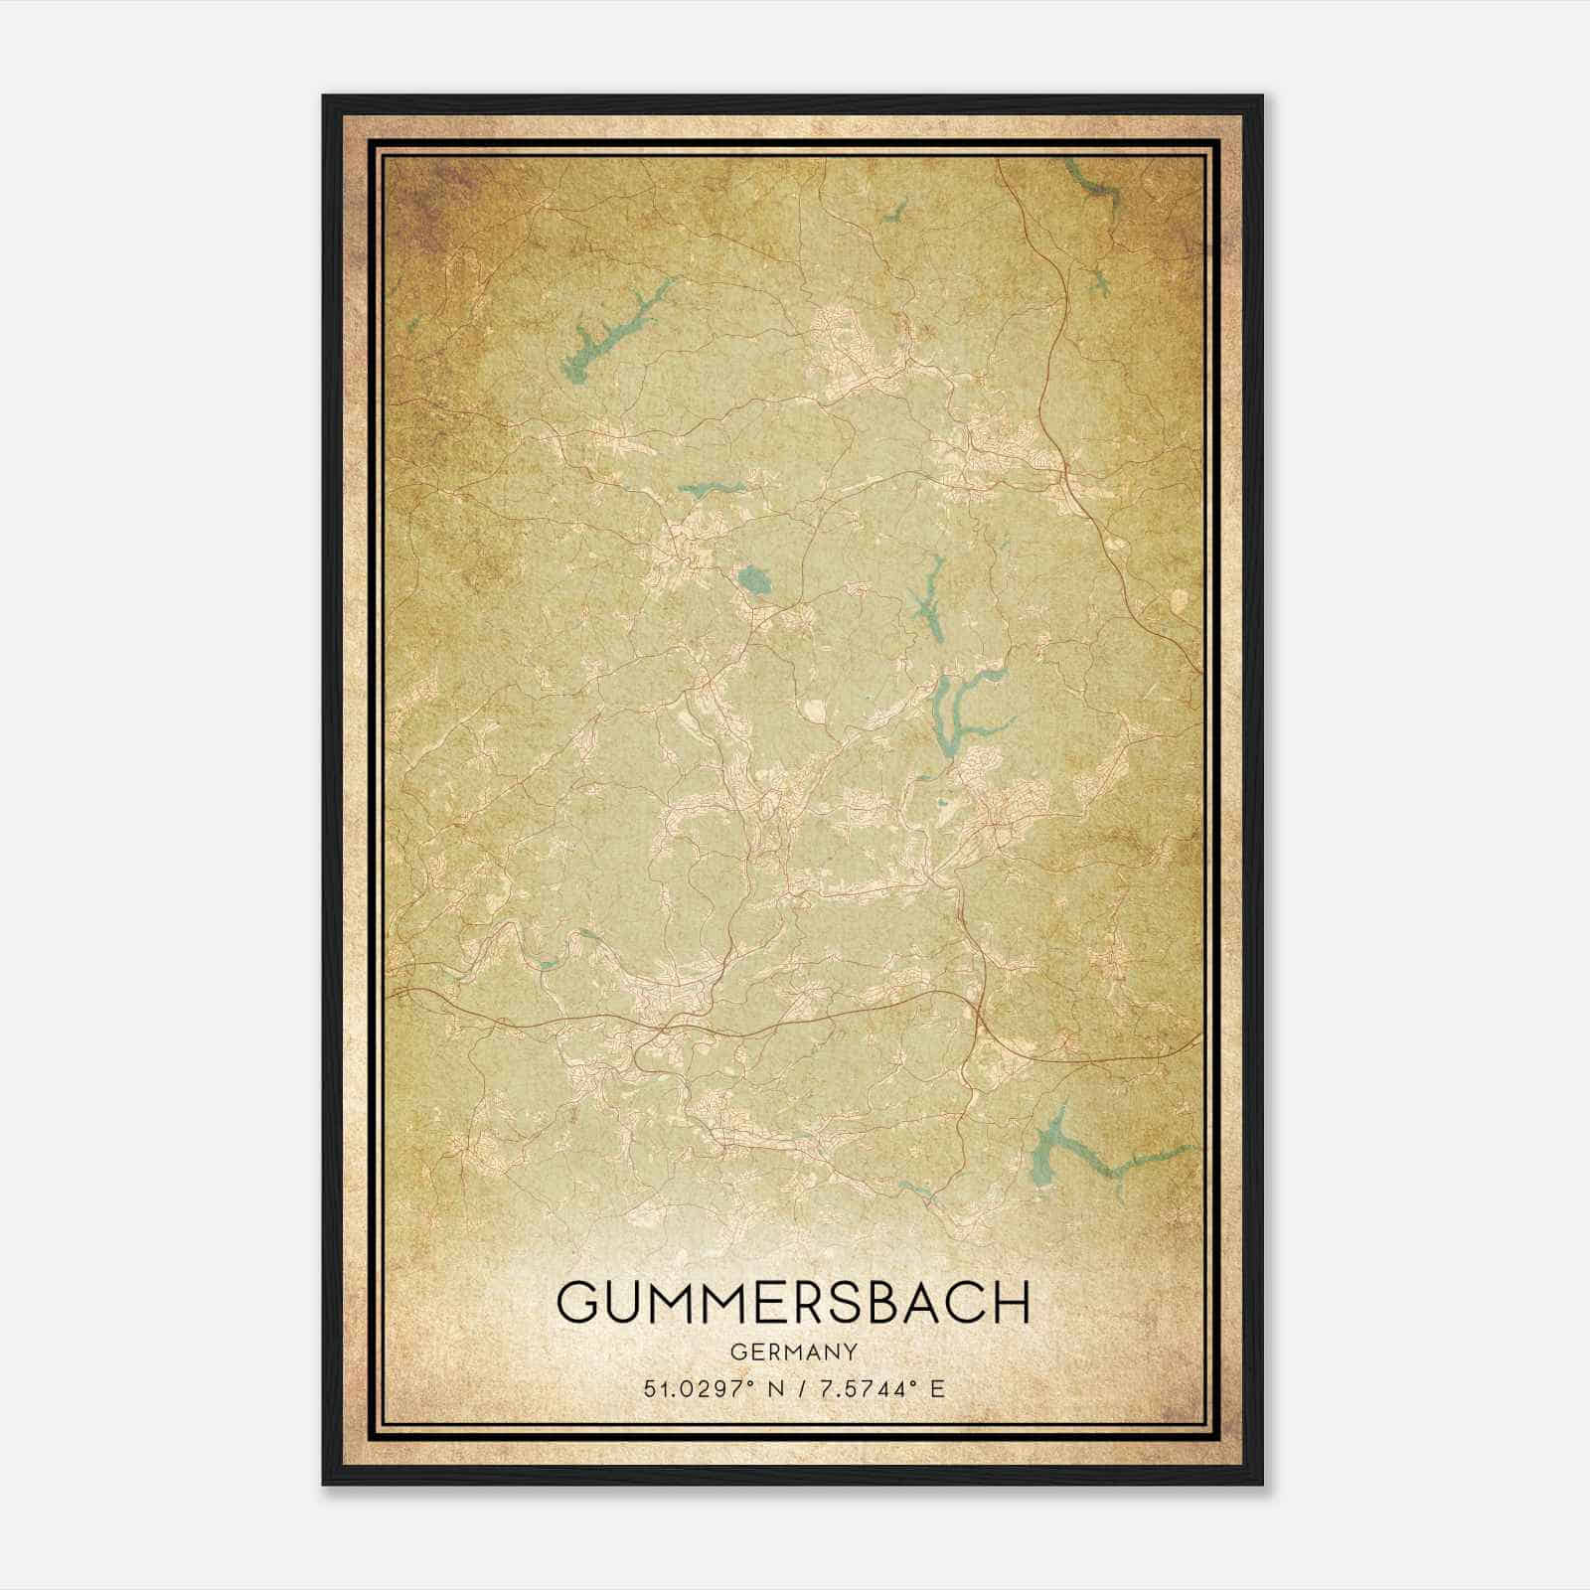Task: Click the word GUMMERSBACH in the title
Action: [793, 1303]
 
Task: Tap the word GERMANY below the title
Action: [793, 1351]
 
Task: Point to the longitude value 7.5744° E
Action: [878, 1388]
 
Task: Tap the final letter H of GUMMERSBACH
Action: [1012, 1303]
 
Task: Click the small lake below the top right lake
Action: [1097, 286]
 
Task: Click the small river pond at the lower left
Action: [547, 961]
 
